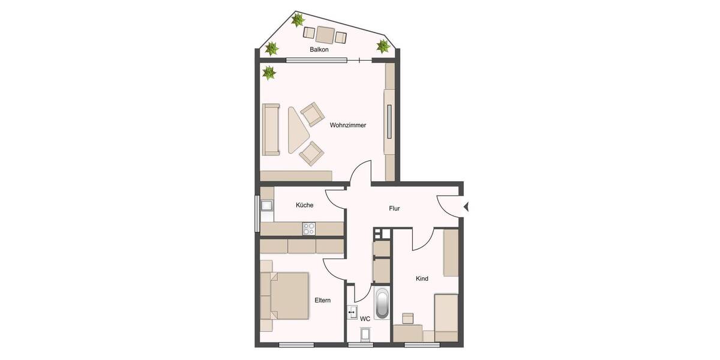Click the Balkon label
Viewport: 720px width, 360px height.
pos(319,50)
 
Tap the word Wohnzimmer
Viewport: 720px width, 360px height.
pos(348,125)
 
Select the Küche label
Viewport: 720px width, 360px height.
pos(304,205)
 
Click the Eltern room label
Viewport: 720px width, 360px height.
pos(322,300)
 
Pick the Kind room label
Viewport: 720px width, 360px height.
pos(422,278)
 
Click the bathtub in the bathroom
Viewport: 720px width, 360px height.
pos(382,304)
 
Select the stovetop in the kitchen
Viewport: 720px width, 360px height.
pos(310,228)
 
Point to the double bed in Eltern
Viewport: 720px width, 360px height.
pos(289,296)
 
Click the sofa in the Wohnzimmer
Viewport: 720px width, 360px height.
pos(271,130)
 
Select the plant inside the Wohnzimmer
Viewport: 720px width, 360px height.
pos(269,73)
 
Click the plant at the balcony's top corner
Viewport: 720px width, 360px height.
pos(297,20)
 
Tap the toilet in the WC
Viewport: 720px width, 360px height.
pos(364,335)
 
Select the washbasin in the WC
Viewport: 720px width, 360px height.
pos(352,313)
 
